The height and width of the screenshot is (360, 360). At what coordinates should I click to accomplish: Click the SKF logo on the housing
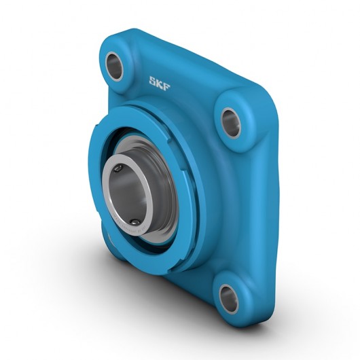161,82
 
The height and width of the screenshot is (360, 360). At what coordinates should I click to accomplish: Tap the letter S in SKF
153,80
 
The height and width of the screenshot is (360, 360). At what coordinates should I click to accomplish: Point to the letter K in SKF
161,82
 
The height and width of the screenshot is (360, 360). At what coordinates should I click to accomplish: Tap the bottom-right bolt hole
228,297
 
